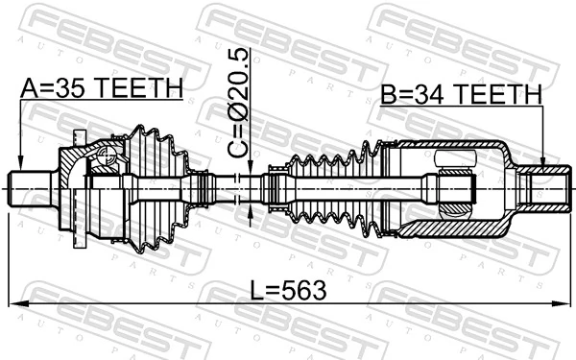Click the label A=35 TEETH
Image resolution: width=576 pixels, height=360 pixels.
point(101,88)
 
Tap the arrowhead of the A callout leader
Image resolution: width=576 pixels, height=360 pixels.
point(20,163)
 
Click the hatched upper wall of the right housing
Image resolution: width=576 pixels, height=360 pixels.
point(461,146)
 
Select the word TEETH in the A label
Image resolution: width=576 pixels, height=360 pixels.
point(143,88)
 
